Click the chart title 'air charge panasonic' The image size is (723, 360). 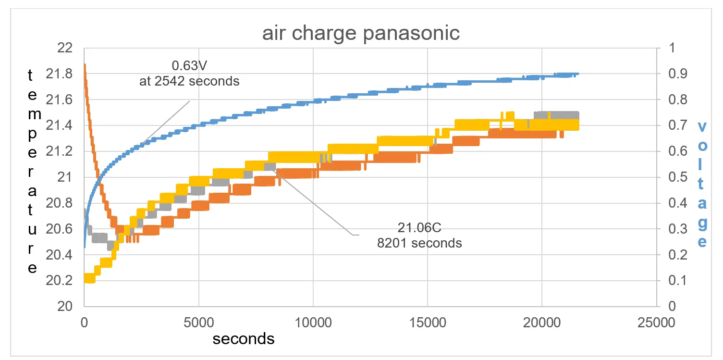coord(361,34)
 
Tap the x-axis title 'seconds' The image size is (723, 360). coord(244,338)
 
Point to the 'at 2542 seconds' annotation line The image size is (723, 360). coord(189,81)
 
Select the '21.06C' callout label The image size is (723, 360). coord(419,227)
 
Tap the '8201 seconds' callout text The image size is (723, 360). coord(419,243)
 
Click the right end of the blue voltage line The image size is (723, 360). coord(578,74)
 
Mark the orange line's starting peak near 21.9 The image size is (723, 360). coord(85,65)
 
